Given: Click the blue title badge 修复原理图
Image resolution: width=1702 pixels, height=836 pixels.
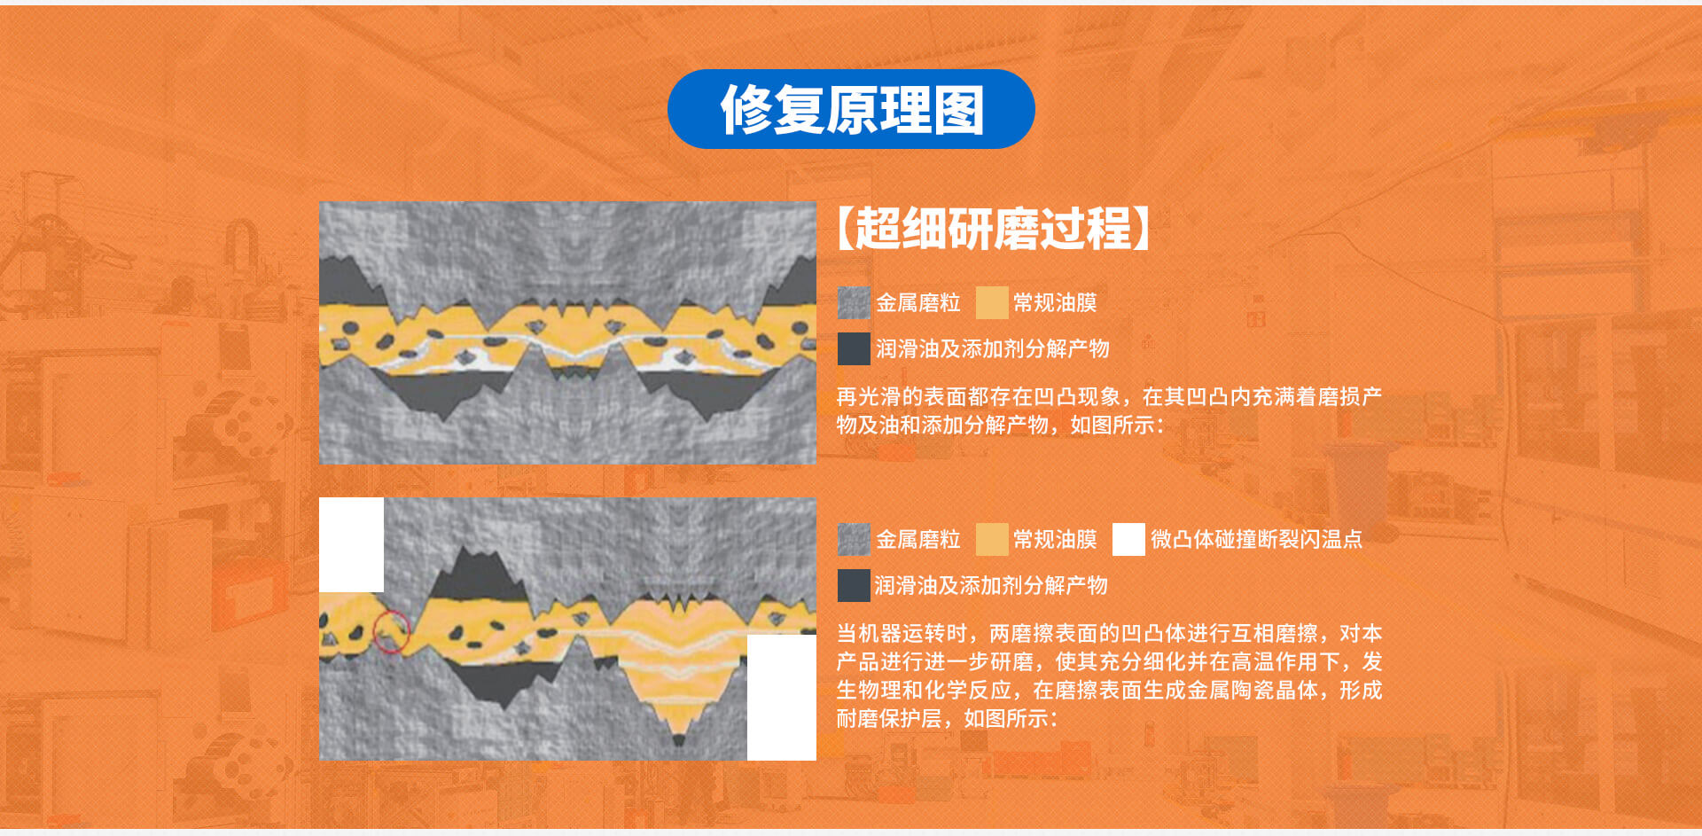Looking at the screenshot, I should point(851,109).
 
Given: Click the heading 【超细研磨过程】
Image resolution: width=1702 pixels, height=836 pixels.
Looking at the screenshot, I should point(993,229).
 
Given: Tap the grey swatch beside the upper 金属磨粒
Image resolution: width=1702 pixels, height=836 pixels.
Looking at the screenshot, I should point(854,303).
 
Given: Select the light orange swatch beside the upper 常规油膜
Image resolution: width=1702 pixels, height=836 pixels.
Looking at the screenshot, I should point(992,303).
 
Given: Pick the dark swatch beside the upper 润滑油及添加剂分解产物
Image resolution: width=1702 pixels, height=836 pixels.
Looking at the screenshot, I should point(854,349).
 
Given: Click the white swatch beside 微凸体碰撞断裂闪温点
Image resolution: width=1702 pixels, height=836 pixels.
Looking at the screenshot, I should point(1128,539).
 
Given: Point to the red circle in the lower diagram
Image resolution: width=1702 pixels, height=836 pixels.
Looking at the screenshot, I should point(391,632).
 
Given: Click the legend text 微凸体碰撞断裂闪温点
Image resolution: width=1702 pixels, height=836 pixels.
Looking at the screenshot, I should point(1256,539).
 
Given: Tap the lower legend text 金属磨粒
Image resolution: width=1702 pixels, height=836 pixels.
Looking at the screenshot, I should point(918,539).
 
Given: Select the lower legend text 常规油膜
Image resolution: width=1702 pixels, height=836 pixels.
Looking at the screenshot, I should point(1055,539).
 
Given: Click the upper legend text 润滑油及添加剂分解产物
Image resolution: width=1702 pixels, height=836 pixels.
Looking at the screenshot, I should point(993,349).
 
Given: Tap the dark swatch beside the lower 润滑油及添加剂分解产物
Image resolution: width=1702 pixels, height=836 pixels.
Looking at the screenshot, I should point(854,586).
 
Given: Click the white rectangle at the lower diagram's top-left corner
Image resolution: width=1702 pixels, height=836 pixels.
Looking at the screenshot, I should point(351,544).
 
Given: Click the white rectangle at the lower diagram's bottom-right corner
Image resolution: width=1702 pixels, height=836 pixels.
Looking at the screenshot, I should point(781,697).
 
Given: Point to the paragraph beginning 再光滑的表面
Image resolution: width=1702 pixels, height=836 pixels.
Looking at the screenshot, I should point(1108,410).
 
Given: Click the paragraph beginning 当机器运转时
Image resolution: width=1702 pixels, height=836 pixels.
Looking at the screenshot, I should point(1108,676).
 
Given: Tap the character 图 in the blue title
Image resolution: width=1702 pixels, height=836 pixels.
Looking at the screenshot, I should point(958,110).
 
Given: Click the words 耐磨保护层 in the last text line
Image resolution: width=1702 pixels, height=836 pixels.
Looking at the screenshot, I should point(889,718).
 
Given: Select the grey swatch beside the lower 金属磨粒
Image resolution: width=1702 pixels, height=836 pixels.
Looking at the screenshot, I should point(854,539).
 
